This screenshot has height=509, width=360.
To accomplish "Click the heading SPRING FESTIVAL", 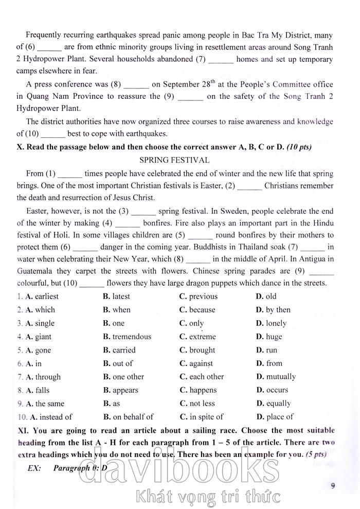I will coord(174,161).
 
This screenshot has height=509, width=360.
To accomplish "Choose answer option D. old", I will coord(266,296).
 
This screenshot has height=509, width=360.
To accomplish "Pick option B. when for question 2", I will coord(117,310).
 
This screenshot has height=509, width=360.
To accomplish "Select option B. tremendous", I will coord(127,337).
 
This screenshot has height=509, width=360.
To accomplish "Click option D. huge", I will coord(269,337).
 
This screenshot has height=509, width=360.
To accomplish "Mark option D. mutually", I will coord(276,377).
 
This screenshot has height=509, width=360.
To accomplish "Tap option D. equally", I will coord(273,403).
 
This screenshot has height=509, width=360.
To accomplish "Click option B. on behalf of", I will coord(128,417).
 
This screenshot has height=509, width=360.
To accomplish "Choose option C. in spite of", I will coord(201,417).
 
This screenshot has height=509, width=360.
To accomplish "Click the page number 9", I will coord(333,484).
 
